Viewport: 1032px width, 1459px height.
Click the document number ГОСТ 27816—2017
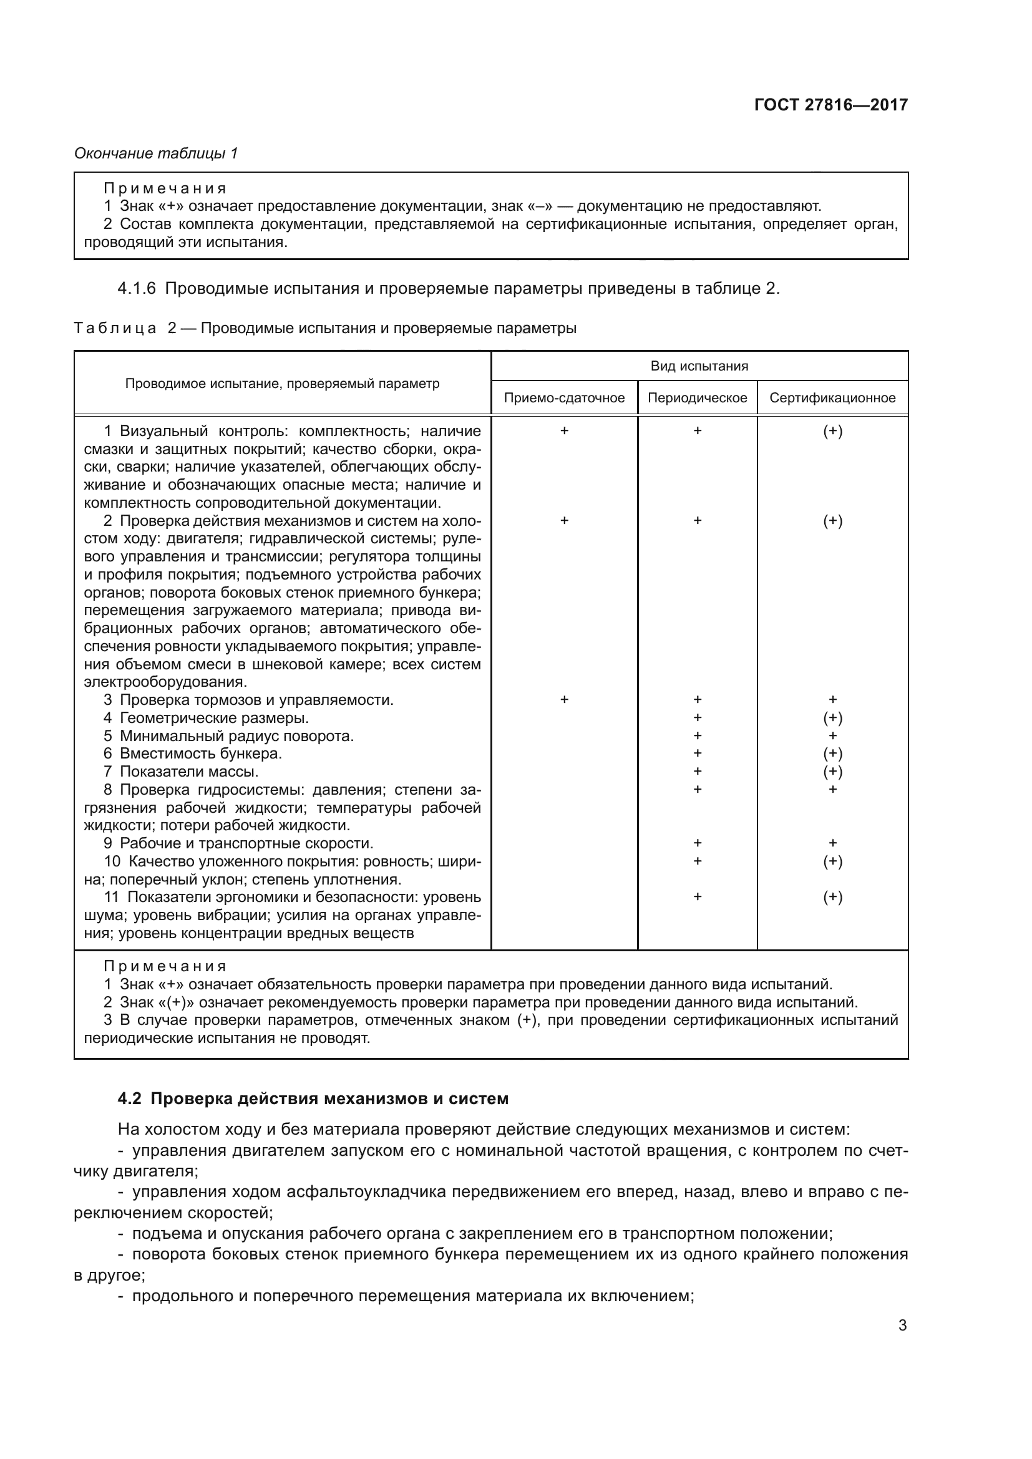click(830, 105)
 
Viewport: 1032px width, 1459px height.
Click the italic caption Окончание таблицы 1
click(156, 153)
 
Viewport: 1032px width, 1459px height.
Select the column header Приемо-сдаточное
click(563, 398)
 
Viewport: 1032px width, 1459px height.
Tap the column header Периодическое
click(697, 398)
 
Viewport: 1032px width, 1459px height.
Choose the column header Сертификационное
click(832, 398)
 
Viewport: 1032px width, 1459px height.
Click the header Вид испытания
click(699, 366)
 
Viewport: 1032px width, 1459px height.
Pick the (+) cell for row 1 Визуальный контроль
click(832, 431)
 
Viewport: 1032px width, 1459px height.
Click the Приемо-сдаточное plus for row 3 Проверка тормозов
click(563, 700)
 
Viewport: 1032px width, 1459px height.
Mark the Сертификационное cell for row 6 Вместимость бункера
click(832, 754)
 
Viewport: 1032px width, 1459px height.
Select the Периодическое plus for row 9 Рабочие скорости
click(697, 843)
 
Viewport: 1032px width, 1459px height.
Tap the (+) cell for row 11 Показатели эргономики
click(832, 897)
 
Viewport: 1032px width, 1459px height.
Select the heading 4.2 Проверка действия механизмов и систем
click(313, 1098)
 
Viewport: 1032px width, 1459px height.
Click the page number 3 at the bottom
click(902, 1326)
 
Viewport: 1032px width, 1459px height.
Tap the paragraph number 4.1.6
click(137, 289)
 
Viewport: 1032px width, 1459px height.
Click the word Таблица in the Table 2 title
click(115, 329)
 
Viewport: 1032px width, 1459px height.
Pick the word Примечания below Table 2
click(165, 966)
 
